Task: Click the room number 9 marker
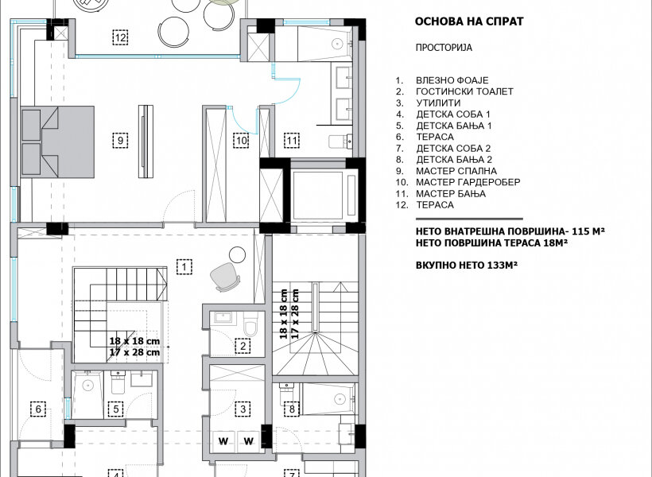tap(120, 140)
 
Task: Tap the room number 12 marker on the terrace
tap(120, 37)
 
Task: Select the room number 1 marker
tap(184, 266)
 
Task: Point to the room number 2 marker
tap(243, 346)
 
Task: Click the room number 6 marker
tap(38, 409)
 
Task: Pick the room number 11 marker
tap(292, 140)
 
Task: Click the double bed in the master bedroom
tap(57, 142)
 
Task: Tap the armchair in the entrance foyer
tap(225, 277)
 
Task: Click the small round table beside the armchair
tap(238, 254)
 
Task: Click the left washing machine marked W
tap(223, 441)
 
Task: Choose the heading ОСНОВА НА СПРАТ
tap(469, 21)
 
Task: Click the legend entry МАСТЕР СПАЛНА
tap(456, 171)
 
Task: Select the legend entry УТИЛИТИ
tap(438, 103)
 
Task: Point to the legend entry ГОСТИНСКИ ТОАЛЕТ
tap(464, 91)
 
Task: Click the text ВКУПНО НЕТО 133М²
tap(467, 265)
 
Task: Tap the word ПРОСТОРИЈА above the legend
tap(444, 48)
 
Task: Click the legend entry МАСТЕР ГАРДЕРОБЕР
tap(468, 182)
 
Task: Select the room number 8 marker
tap(292, 409)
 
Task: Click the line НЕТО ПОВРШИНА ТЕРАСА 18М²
tap(491, 242)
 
